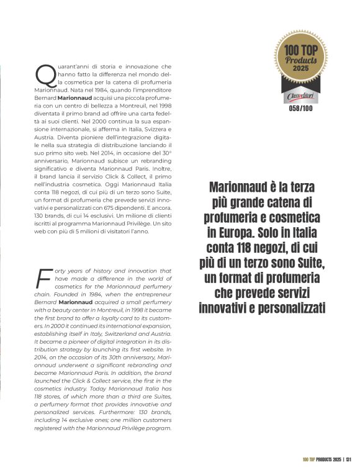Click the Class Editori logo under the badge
300,97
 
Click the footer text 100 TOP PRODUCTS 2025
322,459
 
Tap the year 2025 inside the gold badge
300,69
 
